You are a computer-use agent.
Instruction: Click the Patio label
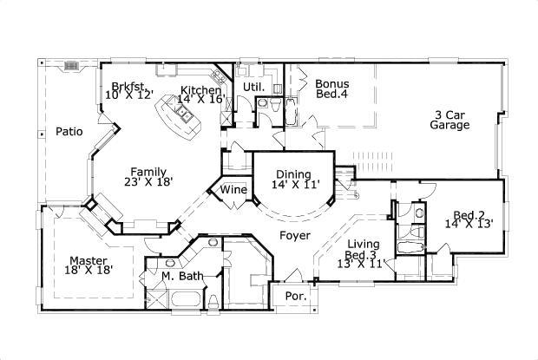[x=69, y=132]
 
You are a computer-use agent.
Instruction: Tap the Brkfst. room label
[x=128, y=85]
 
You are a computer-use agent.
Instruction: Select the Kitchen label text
[x=200, y=90]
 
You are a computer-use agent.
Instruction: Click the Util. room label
[x=253, y=88]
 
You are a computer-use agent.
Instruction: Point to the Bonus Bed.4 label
[x=332, y=89]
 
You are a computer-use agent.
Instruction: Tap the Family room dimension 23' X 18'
[x=148, y=182]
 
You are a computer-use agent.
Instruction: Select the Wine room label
[x=233, y=190]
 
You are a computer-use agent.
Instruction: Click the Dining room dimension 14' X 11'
[x=296, y=185]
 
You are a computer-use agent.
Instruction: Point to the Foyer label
[x=293, y=235]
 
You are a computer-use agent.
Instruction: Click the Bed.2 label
[x=469, y=214]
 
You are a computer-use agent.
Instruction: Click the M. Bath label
[x=182, y=277]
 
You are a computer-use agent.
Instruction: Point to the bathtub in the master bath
[x=184, y=300]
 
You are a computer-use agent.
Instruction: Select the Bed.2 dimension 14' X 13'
[x=469, y=224]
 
